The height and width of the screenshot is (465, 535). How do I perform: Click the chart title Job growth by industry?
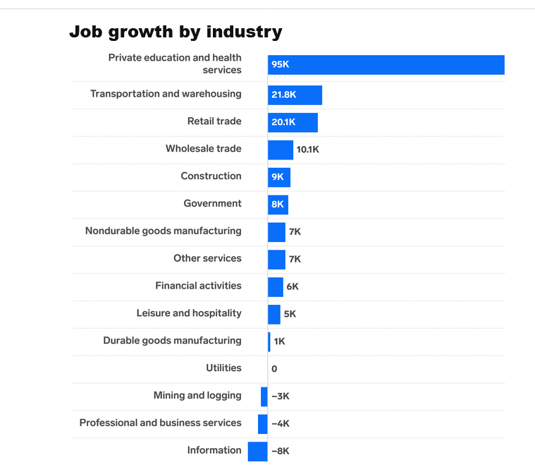(x=176, y=32)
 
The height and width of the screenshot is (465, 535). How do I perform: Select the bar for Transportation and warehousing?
(x=303, y=95)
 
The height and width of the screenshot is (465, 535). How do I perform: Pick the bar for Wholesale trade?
(x=280, y=150)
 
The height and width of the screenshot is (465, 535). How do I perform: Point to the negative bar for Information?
(x=258, y=451)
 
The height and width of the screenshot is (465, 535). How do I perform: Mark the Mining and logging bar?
(x=264, y=397)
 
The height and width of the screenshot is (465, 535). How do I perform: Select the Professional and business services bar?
(x=263, y=424)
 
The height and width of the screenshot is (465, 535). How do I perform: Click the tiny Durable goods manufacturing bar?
(x=269, y=342)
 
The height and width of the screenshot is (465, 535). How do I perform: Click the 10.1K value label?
(x=307, y=150)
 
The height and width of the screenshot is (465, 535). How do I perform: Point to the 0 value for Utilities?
(x=274, y=369)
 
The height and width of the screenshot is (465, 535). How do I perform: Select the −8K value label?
(x=280, y=452)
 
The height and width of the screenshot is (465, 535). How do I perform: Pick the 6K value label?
(x=293, y=286)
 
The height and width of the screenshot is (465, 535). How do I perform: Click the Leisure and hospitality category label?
(x=189, y=313)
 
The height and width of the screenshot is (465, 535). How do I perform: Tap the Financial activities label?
(x=198, y=286)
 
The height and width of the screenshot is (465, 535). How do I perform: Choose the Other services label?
(x=207, y=258)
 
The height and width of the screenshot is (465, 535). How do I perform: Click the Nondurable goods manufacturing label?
(x=163, y=231)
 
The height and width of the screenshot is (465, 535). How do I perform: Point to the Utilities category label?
(x=223, y=368)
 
